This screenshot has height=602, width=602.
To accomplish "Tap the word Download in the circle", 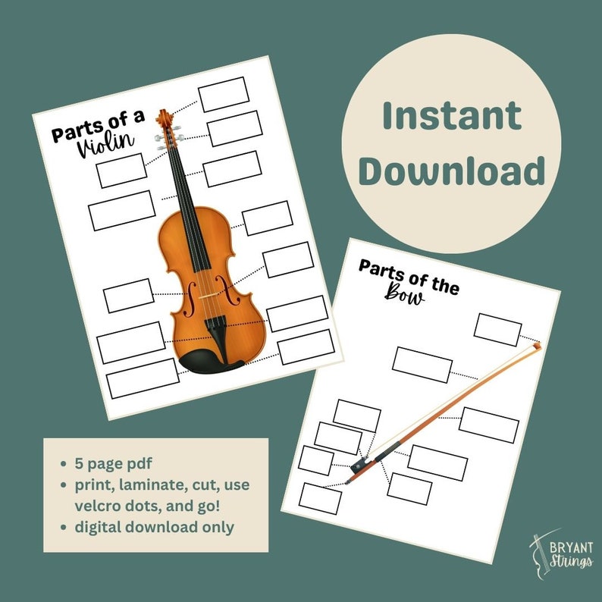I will pos(452,171).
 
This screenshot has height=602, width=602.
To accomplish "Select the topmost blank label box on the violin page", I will pos(223,94).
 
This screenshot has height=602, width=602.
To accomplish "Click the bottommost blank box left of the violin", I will pos(142,378).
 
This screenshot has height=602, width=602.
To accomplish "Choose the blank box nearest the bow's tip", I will pos(497,328).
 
